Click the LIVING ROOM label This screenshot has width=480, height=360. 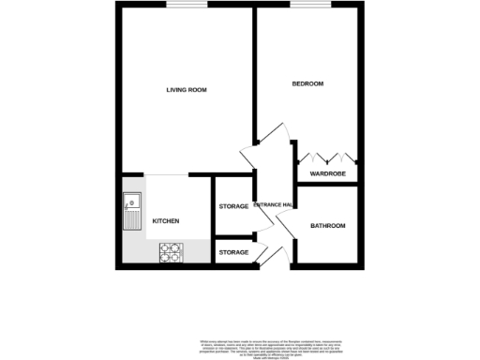point(187,90)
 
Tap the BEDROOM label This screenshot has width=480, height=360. point(307,84)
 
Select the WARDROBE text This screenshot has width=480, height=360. point(328,174)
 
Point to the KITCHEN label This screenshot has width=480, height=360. point(166,221)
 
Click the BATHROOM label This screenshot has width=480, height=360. point(328,226)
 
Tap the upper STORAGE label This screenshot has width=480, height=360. point(233,206)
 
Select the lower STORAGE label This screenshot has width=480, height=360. point(233,252)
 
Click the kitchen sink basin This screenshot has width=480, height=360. point(132,200)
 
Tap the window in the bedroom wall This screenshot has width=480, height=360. point(304,5)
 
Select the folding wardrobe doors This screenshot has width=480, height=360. point(326,155)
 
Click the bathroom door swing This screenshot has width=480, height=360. point(285,222)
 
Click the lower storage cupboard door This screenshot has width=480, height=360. point(263,254)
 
